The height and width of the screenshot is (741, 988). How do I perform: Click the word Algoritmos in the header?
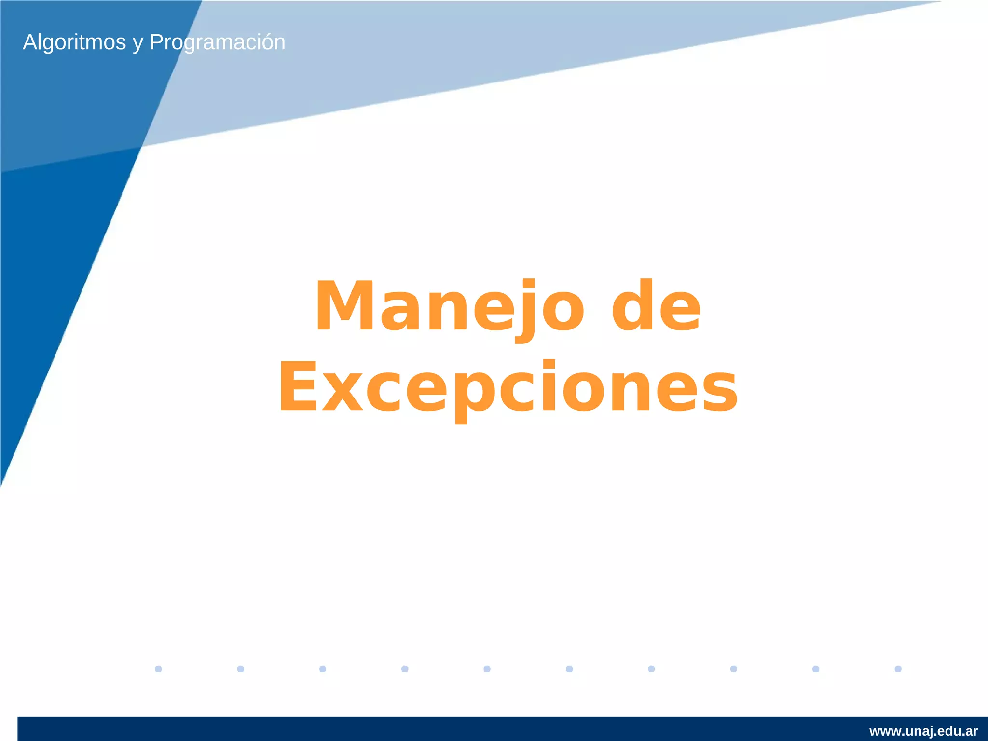(x=74, y=42)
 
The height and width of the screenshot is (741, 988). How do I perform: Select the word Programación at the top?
(x=217, y=42)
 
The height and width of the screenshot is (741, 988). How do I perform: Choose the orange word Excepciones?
(x=508, y=387)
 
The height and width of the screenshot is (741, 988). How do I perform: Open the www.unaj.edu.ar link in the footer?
(x=923, y=731)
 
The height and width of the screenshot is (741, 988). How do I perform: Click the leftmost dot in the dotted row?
(x=158, y=669)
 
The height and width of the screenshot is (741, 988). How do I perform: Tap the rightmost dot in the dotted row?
(x=898, y=669)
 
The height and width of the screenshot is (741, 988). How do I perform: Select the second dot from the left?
(x=241, y=669)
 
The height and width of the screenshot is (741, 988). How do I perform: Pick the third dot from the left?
(x=323, y=669)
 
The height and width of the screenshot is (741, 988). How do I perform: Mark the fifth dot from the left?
(x=487, y=669)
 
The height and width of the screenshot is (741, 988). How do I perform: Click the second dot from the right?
(x=816, y=669)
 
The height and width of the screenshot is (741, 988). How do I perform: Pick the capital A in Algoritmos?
(x=30, y=42)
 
